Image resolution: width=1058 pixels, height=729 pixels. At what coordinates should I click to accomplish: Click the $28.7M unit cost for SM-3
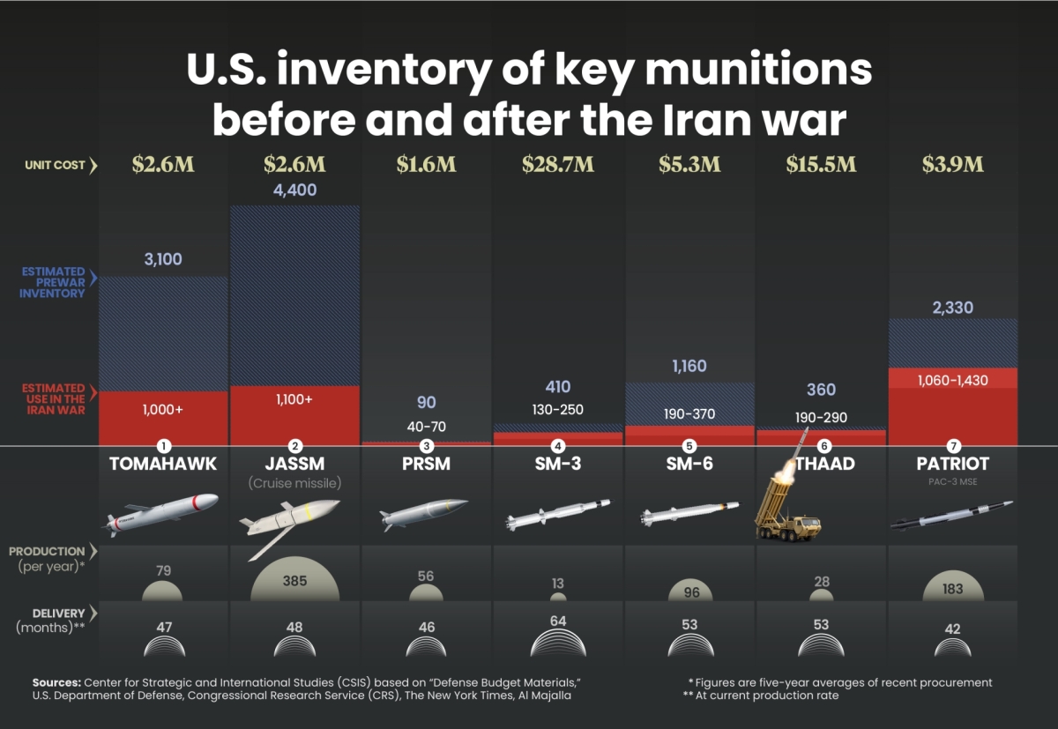(x=558, y=164)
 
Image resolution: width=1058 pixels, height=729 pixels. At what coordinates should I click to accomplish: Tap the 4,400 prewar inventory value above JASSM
(x=294, y=190)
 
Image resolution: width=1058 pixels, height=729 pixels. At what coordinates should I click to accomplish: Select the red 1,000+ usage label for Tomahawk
(x=163, y=409)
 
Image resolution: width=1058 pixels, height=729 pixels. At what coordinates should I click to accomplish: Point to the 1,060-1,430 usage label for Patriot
(x=953, y=380)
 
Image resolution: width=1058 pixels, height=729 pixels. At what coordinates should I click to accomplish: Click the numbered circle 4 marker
(x=558, y=446)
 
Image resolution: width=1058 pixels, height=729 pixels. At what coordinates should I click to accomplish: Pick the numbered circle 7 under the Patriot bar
(x=953, y=446)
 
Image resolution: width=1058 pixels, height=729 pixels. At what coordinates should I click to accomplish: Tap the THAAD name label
(x=825, y=464)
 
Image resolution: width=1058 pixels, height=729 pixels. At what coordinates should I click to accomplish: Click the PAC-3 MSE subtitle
(x=953, y=481)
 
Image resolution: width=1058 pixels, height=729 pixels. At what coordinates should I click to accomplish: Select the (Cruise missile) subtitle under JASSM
(x=294, y=483)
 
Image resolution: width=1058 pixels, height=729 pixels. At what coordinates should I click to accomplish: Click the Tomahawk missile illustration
(x=160, y=514)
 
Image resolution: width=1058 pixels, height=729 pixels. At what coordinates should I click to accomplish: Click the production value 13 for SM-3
(x=558, y=584)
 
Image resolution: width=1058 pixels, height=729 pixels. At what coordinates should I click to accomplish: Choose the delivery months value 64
(x=558, y=621)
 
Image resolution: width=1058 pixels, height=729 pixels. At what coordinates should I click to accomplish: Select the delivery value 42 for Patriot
(x=953, y=629)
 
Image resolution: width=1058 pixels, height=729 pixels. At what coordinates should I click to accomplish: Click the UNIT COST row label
(x=55, y=165)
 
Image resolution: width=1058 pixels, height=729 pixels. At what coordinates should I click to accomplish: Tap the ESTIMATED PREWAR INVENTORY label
(x=52, y=282)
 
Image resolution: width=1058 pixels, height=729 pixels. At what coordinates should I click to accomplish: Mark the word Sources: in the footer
(x=56, y=682)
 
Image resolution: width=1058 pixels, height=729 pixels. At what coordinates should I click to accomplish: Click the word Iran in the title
(x=706, y=120)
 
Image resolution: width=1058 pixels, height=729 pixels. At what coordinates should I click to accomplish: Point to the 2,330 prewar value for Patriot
(x=953, y=308)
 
